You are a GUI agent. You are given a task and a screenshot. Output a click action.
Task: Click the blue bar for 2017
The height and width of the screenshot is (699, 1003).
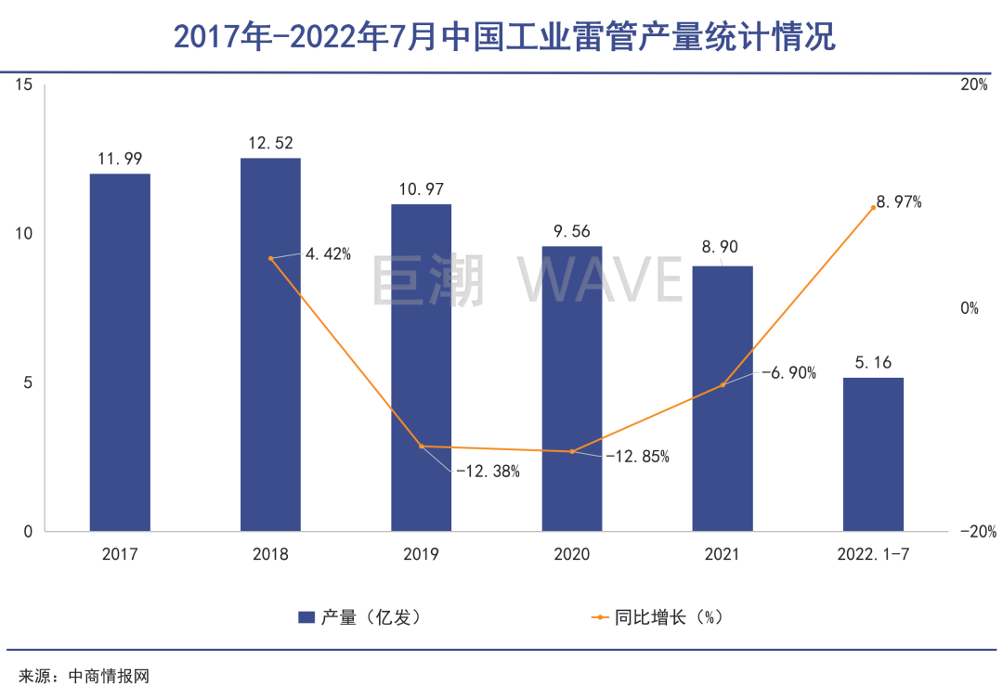point(120,353)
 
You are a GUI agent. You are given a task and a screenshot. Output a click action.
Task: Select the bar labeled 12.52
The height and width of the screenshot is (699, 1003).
point(270,344)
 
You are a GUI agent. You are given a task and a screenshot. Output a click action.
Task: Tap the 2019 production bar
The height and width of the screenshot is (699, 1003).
point(421,368)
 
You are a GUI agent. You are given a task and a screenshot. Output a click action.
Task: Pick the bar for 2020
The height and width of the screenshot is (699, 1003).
point(572,389)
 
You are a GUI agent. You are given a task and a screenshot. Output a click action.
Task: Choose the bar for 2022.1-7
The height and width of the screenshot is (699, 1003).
point(873,454)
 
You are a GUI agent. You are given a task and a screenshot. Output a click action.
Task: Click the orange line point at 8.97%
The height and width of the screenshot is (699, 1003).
point(874,207)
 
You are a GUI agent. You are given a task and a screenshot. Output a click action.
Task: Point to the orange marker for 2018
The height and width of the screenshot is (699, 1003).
point(270,258)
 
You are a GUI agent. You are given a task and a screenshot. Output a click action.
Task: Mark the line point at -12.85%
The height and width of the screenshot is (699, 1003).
point(572,452)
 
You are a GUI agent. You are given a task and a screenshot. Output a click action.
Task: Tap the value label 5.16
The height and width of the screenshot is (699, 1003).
point(873,360)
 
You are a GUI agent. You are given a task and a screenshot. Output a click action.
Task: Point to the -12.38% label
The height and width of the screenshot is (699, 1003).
point(487,472)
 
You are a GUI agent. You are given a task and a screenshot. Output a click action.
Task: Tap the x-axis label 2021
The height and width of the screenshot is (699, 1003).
point(723,555)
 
